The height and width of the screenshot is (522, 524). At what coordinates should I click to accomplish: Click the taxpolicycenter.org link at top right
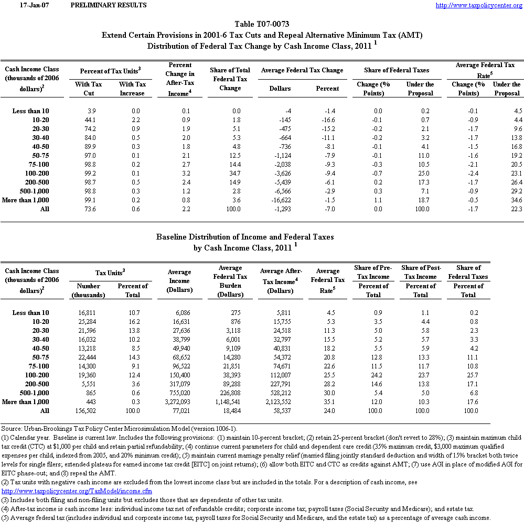click(479, 5)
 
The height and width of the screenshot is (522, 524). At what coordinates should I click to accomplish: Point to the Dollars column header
click(280, 89)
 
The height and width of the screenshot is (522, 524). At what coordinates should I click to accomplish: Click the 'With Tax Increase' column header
click(132, 89)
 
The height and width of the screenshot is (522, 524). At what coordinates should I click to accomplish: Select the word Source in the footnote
click(11, 429)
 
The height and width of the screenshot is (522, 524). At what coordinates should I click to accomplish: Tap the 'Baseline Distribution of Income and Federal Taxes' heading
click(245, 237)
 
